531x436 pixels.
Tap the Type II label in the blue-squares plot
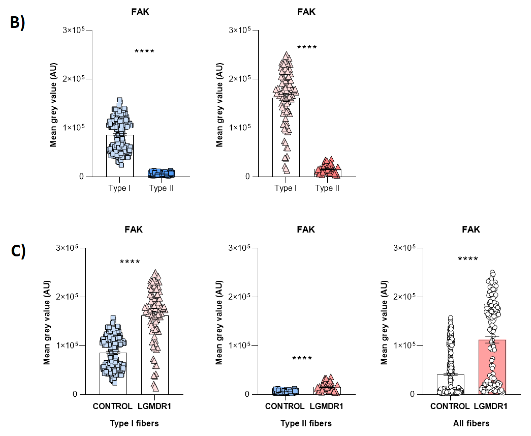pyautogui.click(x=161, y=188)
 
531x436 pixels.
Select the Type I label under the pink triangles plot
pyautogui.click(x=285, y=188)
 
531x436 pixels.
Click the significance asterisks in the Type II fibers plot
pyautogui.click(x=302, y=358)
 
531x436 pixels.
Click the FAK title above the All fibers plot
pyautogui.click(x=471, y=229)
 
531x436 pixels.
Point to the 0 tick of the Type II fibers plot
pyautogui.click(x=247, y=394)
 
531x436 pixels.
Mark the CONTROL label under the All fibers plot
pyautogui.click(x=450, y=406)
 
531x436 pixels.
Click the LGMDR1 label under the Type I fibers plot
pyautogui.click(x=154, y=406)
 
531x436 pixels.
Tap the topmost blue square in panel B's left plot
pyautogui.click(x=120, y=100)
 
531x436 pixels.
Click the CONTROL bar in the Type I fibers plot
pyautogui.click(x=113, y=377)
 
